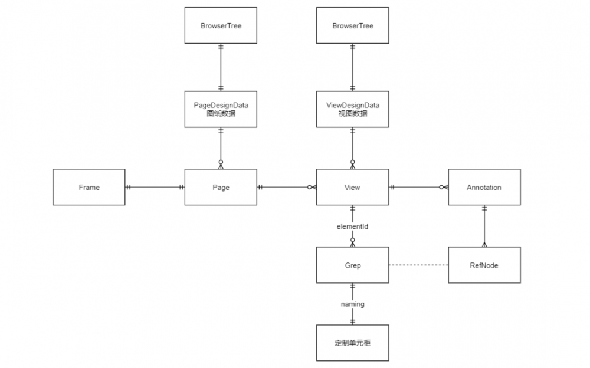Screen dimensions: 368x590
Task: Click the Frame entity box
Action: [x=89, y=188]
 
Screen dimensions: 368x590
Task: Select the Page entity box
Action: [x=221, y=188]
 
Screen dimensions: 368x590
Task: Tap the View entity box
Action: [x=352, y=188]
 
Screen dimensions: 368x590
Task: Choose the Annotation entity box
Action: [x=484, y=188]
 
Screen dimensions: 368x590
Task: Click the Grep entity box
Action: [x=352, y=265]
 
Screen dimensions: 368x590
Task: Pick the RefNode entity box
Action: [x=484, y=265]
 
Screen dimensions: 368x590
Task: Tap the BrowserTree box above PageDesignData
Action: [x=221, y=25]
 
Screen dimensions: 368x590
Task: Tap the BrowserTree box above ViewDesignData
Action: [x=352, y=25]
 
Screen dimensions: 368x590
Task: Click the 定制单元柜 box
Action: [x=352, y=343]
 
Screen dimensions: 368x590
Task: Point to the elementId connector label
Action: [x=352, y=226]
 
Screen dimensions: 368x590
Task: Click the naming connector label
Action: [x=352, y=304]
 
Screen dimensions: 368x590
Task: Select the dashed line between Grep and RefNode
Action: [x=418, y=265]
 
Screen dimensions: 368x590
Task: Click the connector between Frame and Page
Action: [x=155, y=188]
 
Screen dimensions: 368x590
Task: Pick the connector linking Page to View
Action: [x=287, y=188]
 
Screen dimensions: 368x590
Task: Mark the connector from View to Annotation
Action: [x=418, y=188]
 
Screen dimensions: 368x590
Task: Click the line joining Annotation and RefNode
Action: [x=484, y=226]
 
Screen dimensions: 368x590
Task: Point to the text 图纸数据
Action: [x=221, y=114]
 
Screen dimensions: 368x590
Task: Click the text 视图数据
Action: [x=352, y=114]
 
